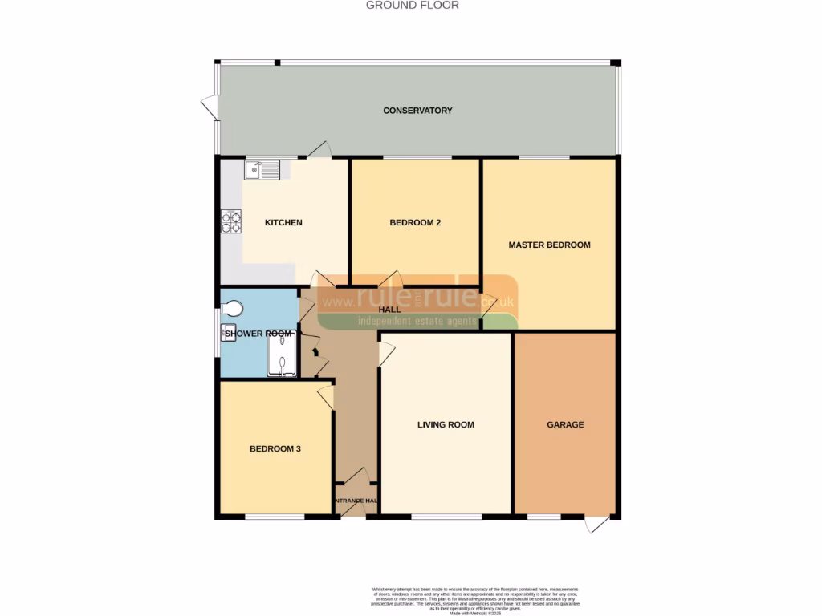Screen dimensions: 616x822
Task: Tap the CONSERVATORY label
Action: (x=417, y=111)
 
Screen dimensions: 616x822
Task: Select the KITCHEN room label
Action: (x=283, y=222)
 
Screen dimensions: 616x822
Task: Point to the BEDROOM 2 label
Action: (x=415, y=222)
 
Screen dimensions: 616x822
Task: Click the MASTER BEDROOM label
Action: (x=549, y=245)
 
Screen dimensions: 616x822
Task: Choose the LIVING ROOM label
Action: (x=446, y=425)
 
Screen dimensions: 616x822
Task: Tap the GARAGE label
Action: (x=565, y=425)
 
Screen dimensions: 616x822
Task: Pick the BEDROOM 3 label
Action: (x=275, y=449)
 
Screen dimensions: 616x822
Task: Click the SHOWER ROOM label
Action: (x=257, y=333)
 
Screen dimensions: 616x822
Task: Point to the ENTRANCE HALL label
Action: (x=355, y=501)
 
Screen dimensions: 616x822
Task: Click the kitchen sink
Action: (x=262, y=169)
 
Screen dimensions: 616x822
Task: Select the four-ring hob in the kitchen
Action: (x=231, y=221)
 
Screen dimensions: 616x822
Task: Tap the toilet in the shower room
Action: (x=232, y=308)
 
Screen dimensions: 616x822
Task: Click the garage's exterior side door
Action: (x=596, y=524)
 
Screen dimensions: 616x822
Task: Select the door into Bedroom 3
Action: (x=326, y=397)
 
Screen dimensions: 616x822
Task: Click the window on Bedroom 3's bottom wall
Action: (x=275, y=517)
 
